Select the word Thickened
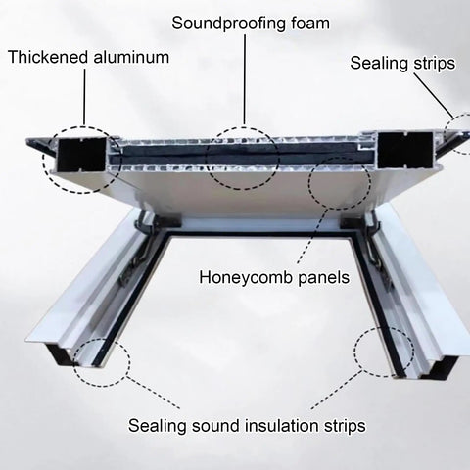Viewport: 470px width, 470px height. (x=48, y=57)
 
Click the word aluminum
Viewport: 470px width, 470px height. (x=131, y=57)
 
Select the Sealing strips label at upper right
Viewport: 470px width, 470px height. (x=402, y=63)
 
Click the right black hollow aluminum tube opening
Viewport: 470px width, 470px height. (x=405, y=150)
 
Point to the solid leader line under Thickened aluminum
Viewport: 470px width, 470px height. (x=84, y=97)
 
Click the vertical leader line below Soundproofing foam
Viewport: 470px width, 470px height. (x=245, y=80)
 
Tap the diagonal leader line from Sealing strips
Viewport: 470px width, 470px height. (x=434, y=95)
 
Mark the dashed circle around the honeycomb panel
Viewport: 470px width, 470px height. (x=340, y=183)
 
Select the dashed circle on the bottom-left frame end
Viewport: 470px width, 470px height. (x=102, y=362)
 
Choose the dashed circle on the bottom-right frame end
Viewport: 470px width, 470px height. (x=384, y=352)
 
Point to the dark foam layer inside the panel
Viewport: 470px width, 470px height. (x=242, y=154)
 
